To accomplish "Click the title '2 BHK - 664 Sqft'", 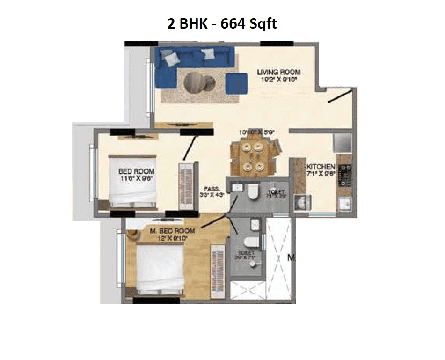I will click(222, 23).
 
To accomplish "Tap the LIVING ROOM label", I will click(278, 72).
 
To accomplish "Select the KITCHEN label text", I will click(321, 167).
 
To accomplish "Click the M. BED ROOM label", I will click(173, 231).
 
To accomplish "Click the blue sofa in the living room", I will click(187, 61).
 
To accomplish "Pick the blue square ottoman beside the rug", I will click(236, 83).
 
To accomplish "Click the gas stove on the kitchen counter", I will click(347, 174).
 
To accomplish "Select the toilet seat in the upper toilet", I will click(253, 191).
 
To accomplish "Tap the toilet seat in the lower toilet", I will click(251, 242).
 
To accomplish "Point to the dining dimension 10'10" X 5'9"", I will click(256, 132).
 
